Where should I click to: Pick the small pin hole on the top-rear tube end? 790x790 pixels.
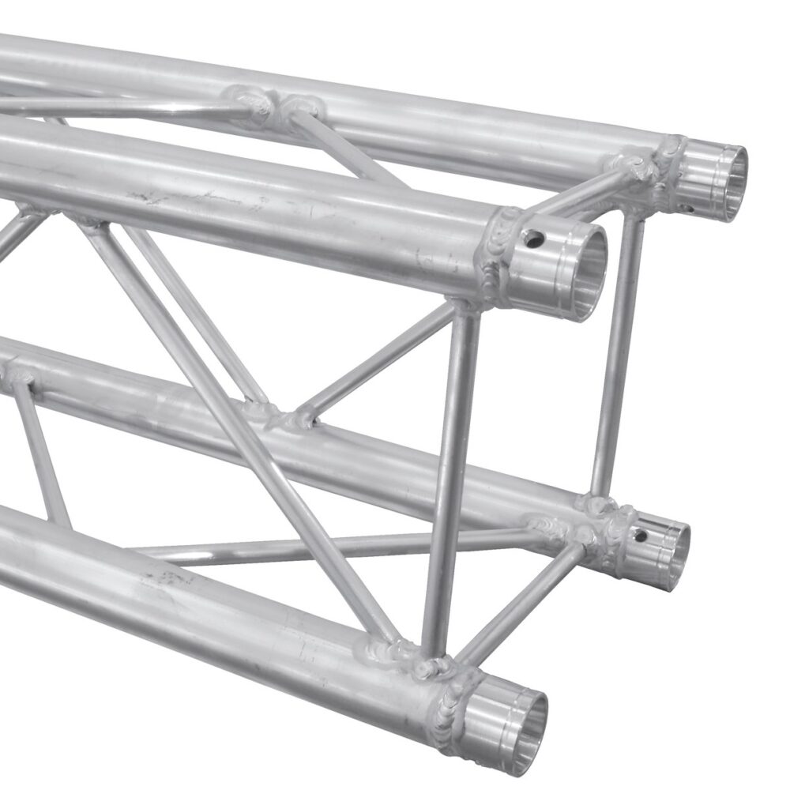[x=689, y=209]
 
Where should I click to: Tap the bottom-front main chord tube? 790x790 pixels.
[x=197, y=600]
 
